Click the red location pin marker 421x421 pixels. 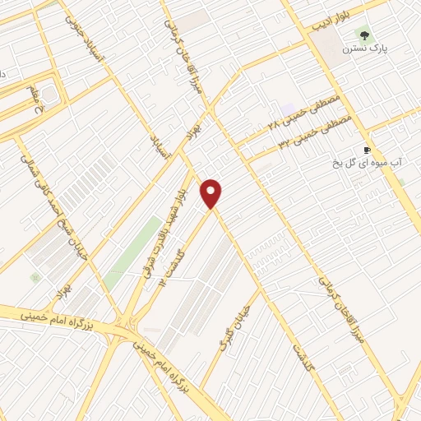click(212, 194)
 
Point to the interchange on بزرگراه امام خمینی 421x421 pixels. click(127, 324)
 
